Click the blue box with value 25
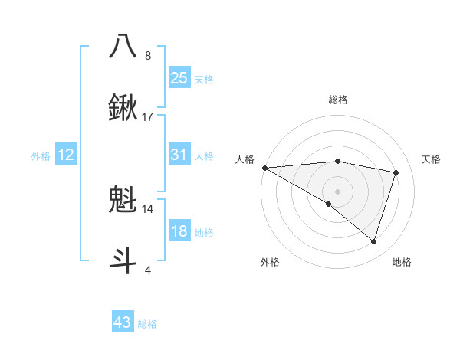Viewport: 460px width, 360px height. tap(179, 77)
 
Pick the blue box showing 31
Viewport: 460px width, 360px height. tap(179, 155)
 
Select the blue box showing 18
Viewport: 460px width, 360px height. tap(179, 232)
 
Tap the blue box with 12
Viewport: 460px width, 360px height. tap(66, 155)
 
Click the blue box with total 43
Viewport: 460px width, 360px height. tap(123, 322)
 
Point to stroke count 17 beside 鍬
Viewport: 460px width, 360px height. tap(148, 117)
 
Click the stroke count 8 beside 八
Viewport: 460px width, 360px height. tap(148, 56)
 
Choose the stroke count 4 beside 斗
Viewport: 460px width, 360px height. tap(148, 270)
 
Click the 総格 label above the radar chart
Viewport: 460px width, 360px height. tap(337, 100)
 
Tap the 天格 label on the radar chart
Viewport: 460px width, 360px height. tap(431, 159)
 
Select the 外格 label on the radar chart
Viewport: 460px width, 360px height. tap(270, 262)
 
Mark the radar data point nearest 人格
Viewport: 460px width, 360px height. tap(264, 167)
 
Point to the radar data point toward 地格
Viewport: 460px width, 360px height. tap(373, 242)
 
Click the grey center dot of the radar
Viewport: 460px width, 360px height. tap(337, 191)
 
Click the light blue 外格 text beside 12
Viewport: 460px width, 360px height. tap(41, 155)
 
